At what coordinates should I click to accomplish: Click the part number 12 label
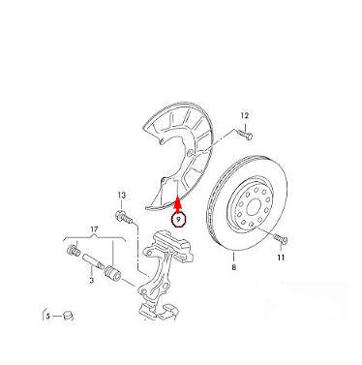[245, 115]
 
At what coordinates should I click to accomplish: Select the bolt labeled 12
[245, 134]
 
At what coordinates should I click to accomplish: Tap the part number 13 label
[121, 196]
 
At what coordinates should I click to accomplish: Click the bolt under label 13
[124, 217]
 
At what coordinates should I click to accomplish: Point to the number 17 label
[94, 229]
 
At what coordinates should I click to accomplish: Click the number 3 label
[92, 280]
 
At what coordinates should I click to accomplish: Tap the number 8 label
[233, 267]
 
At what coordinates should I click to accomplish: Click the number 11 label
[281, 258]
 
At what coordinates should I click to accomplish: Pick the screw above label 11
[281, 239]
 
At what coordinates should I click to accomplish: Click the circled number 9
[178, 220]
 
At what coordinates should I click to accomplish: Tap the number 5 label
[47, 317]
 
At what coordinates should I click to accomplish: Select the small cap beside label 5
[68, 316]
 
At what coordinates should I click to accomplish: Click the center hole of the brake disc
[253, 206]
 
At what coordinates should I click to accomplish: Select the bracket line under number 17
[94, 239]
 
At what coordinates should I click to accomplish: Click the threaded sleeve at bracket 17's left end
[73, 250]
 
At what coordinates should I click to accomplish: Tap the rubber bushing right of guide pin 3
[112, 273]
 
